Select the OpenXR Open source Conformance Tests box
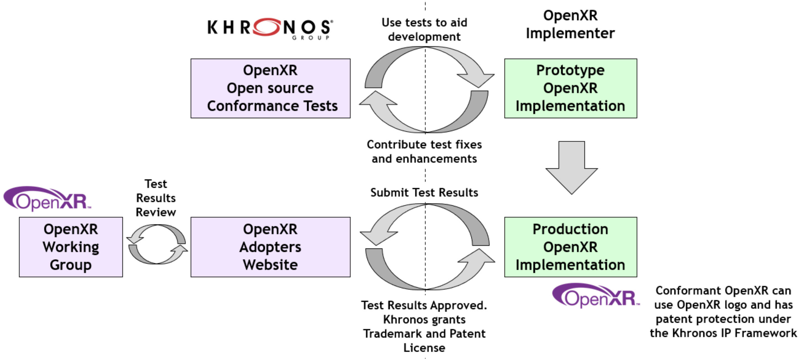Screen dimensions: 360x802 tap(270, 88)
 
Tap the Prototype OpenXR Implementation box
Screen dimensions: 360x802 tap(570, 88)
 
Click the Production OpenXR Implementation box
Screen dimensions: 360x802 tap(570, 247)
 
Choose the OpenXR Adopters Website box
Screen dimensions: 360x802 tap(270, 247)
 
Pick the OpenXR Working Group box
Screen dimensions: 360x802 tap(71, 247)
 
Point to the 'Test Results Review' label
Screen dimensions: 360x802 tap(156, 198)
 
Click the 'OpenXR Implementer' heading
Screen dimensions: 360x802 tap(570, 24)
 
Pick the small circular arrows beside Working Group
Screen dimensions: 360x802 tap(157, 245)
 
